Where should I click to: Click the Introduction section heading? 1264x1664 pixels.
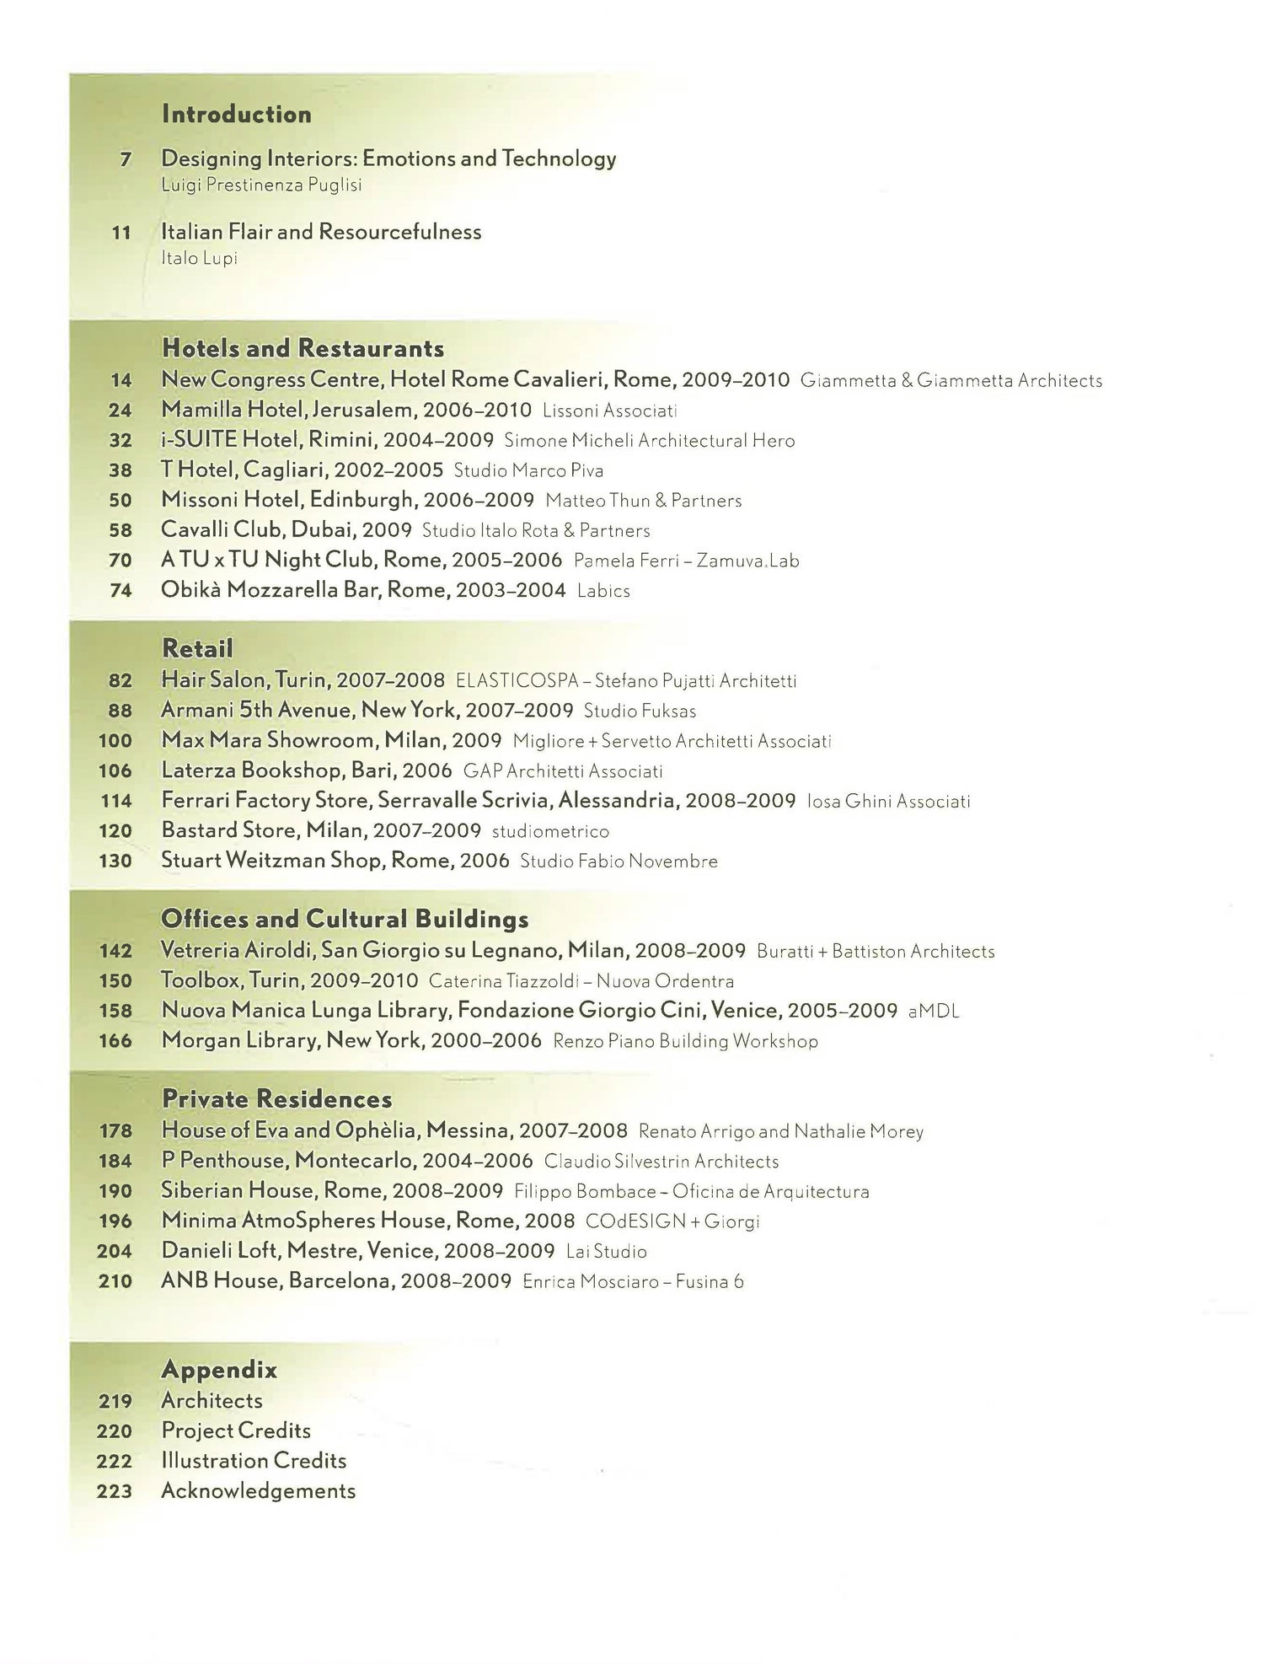coord(236,114)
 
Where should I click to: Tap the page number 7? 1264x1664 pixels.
coord(126,158)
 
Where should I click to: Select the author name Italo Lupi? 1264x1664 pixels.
coord(199,258)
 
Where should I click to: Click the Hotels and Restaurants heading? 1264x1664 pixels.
coord(303,347)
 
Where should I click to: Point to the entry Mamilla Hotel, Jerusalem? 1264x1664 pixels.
coord(346,410)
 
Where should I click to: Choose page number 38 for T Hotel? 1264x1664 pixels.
coord(121,470)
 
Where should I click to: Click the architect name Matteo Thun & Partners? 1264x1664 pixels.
coord(643,501)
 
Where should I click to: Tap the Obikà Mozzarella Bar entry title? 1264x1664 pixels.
coord(363,590)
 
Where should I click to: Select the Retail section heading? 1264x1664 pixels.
coord(197,648)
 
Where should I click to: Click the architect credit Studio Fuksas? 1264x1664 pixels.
coord(640,711)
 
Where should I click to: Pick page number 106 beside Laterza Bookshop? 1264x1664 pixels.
coord(115,770)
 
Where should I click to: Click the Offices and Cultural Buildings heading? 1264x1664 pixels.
coord(345,918)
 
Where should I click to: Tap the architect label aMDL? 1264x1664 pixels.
coord(934,1012)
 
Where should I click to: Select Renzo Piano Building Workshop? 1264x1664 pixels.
coord(685,1041)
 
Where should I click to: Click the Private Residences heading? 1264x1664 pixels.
coord(276,1098)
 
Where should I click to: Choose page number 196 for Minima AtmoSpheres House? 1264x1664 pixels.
coord(115,1221)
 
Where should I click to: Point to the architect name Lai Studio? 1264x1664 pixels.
coord(606,1251)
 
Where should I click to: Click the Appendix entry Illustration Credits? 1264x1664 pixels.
coord(254,1460)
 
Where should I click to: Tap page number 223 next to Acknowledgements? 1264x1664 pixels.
coord(115,1491)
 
